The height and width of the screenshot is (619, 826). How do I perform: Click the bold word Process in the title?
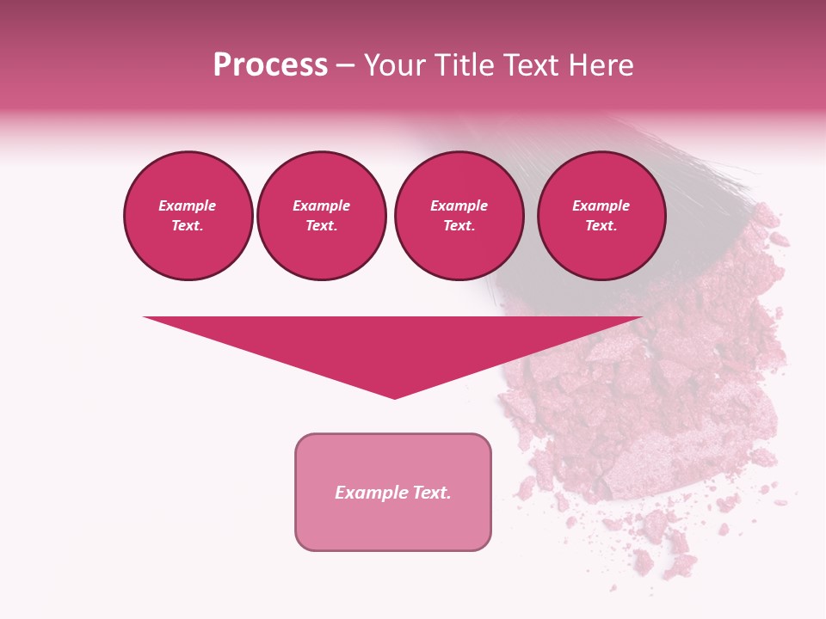pyautogui.click(x=270, y=65)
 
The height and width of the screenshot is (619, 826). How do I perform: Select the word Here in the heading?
pyautogui.click(x=601, y=65)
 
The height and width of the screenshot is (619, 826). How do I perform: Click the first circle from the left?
pyautogui.click(x=188, y=216)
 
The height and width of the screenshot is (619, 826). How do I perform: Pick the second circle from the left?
pyautogui.click(x=322, y=216)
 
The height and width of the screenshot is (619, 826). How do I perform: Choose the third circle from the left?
pyautogui.click(x=459, y=216)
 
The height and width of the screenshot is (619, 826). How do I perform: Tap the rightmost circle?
pyautogui.click(x=601, y=216)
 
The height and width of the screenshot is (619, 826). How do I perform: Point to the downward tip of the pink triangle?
pyautogui.click(x=394, y=396)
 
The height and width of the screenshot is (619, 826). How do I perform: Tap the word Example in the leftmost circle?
pyautogui.click(x=188, y=205)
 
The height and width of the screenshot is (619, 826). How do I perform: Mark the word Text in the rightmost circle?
pyautogui.click(x=601, y=226)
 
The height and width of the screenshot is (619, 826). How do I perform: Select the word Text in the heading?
pyautogui.click(x=530, y=65)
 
